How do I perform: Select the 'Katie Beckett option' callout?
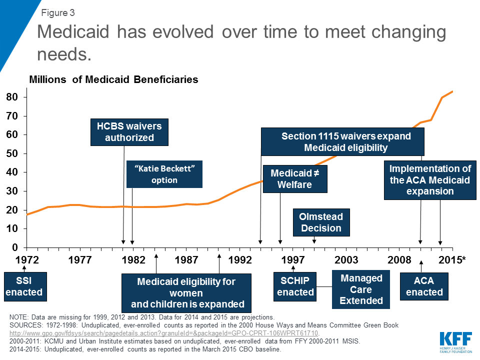(164, 174)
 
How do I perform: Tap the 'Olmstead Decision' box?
(320, 222)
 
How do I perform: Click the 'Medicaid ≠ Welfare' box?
(295, 178)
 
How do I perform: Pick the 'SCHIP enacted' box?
(295, 286)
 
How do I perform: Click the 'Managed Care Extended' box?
(361, 289)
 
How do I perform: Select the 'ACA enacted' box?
(424, 286)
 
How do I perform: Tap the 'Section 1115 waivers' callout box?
(342, 142)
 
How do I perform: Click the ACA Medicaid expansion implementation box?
(430, 180)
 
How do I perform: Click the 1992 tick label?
(239, 260)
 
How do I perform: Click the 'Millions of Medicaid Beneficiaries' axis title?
(114, 79)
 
